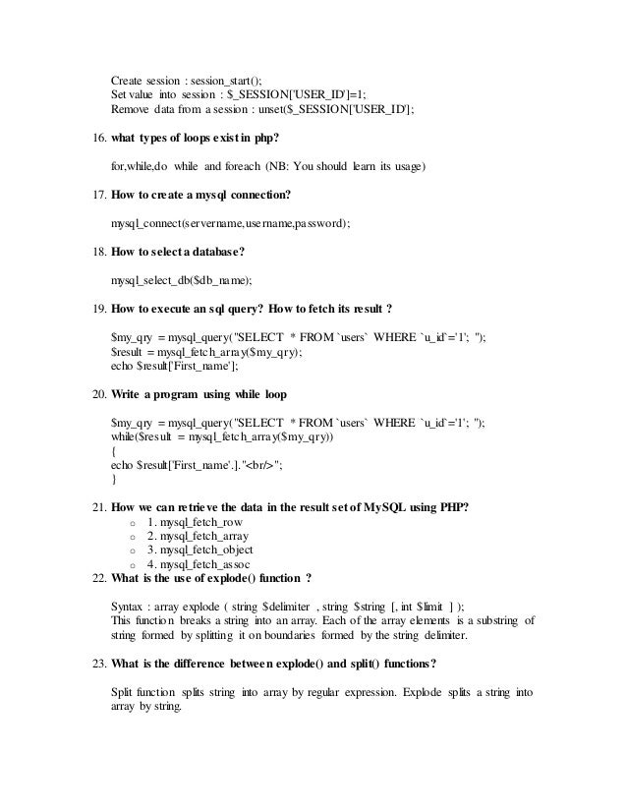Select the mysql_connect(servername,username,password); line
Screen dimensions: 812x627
click(230, 223)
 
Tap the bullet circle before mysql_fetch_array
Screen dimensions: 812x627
click(132, 538)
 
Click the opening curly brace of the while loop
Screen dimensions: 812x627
click(114, 450)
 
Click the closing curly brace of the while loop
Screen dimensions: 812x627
click(114, 480)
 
